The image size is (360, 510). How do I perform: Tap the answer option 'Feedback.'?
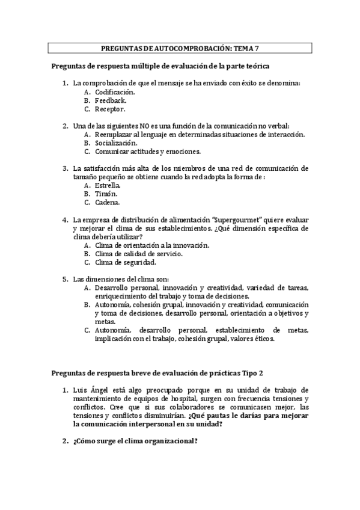click(110, 100)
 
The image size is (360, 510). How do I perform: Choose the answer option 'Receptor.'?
click(110, 109)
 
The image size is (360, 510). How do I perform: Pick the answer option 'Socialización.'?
click(116, 143)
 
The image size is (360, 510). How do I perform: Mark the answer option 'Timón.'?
click(106, 194)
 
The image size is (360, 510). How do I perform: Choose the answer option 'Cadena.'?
click(107, 203)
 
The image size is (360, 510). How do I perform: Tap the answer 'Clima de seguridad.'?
click(125, 262)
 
